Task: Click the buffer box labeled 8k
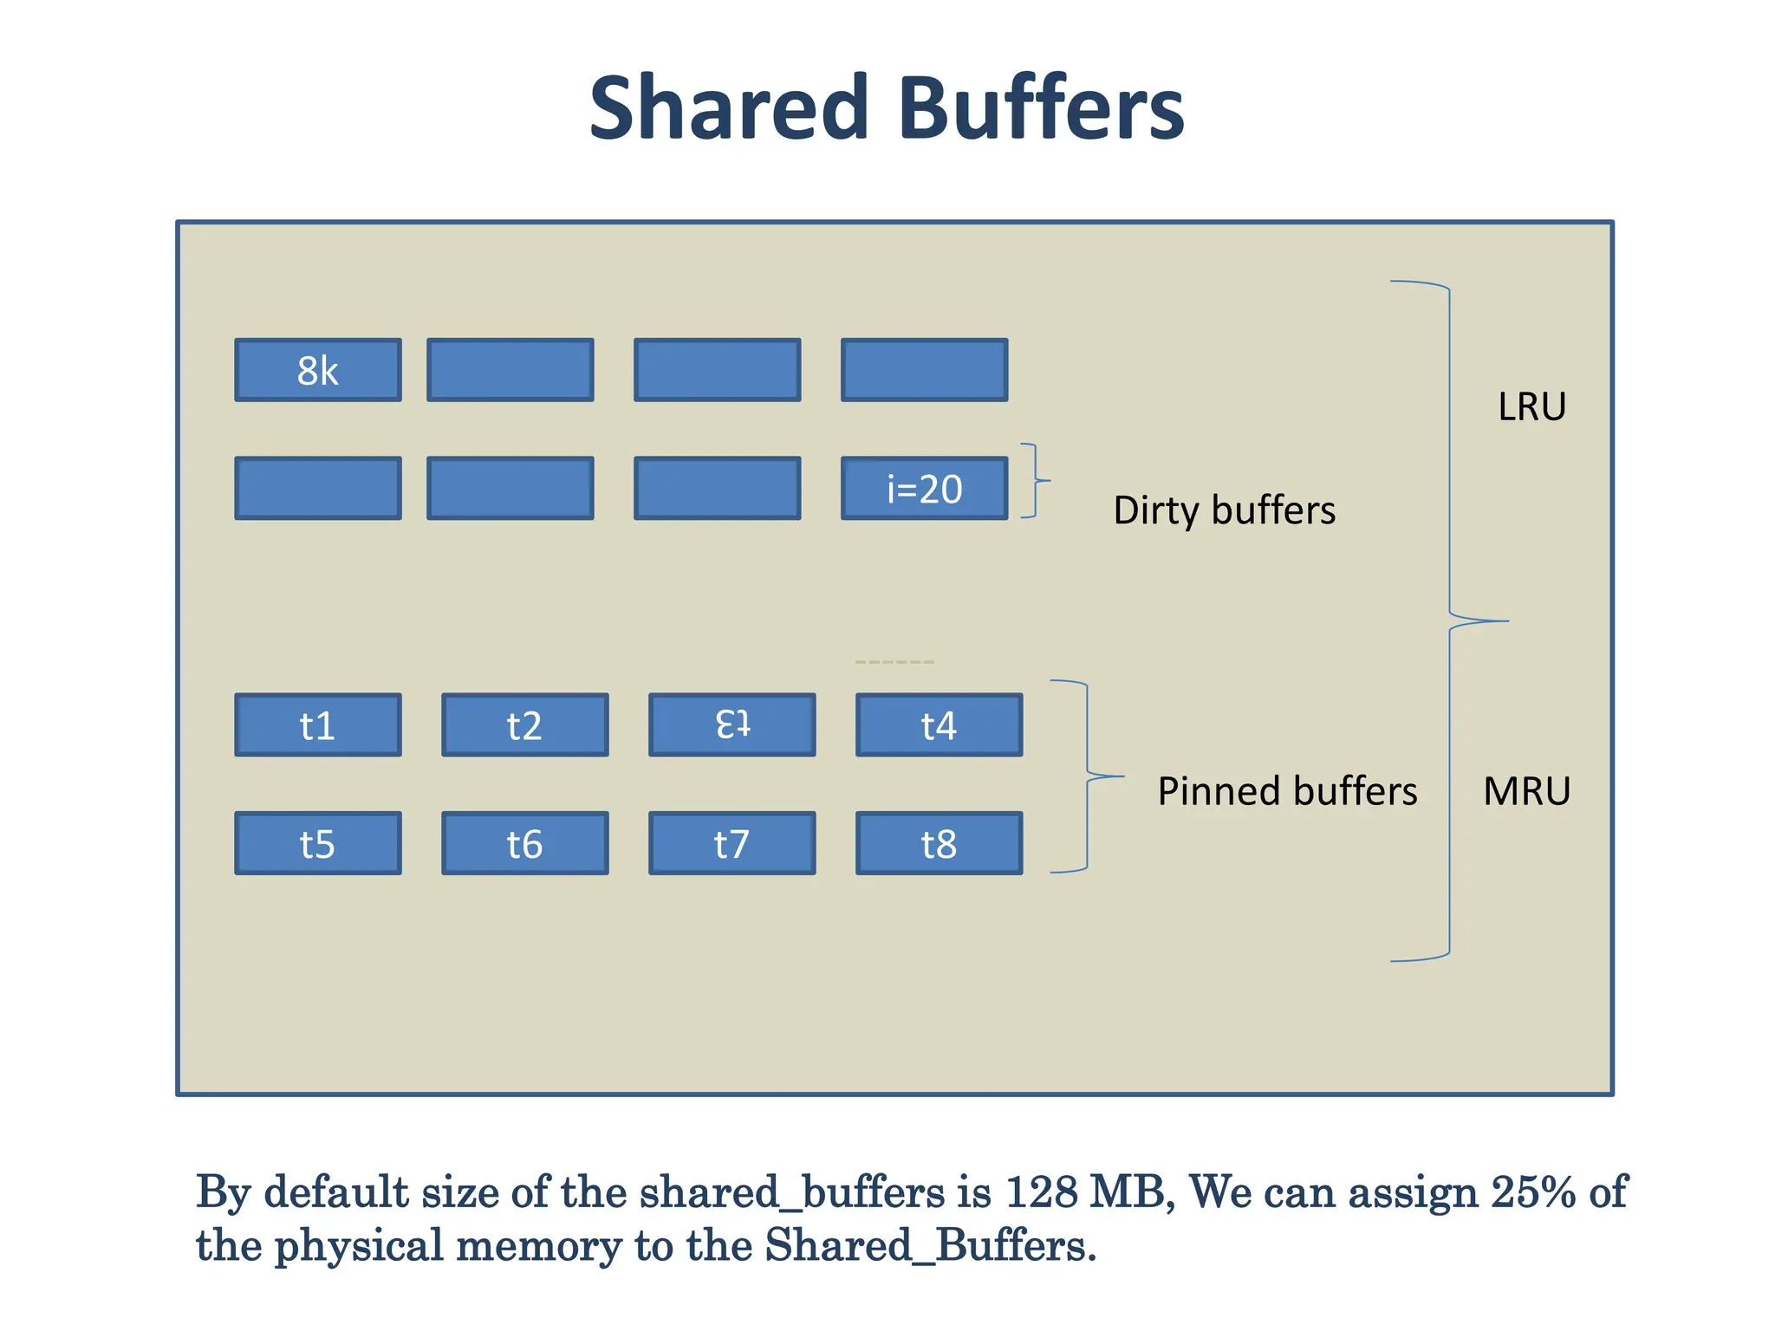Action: point(318,370)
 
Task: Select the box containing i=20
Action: point(924,489)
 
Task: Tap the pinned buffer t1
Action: point(318,725)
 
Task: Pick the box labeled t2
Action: point(524,725)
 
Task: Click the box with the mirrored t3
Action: point(731,725)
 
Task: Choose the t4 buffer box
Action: point(939,725)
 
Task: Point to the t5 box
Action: point(318,843)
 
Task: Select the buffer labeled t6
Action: point(524,843)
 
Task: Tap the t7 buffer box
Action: point(731,843)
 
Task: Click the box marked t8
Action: point(939,843)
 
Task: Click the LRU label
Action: point(1531,407)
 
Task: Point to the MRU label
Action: point(1526,791)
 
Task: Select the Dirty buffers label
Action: point(1224,510)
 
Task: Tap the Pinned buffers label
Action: point(1287,791)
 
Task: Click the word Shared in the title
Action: point(728,107)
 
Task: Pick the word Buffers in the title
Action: point(1041,107)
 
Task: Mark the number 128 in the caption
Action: point(1040,1192)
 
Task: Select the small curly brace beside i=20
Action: point(1034,481)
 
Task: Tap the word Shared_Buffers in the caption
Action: point(925,1246)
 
